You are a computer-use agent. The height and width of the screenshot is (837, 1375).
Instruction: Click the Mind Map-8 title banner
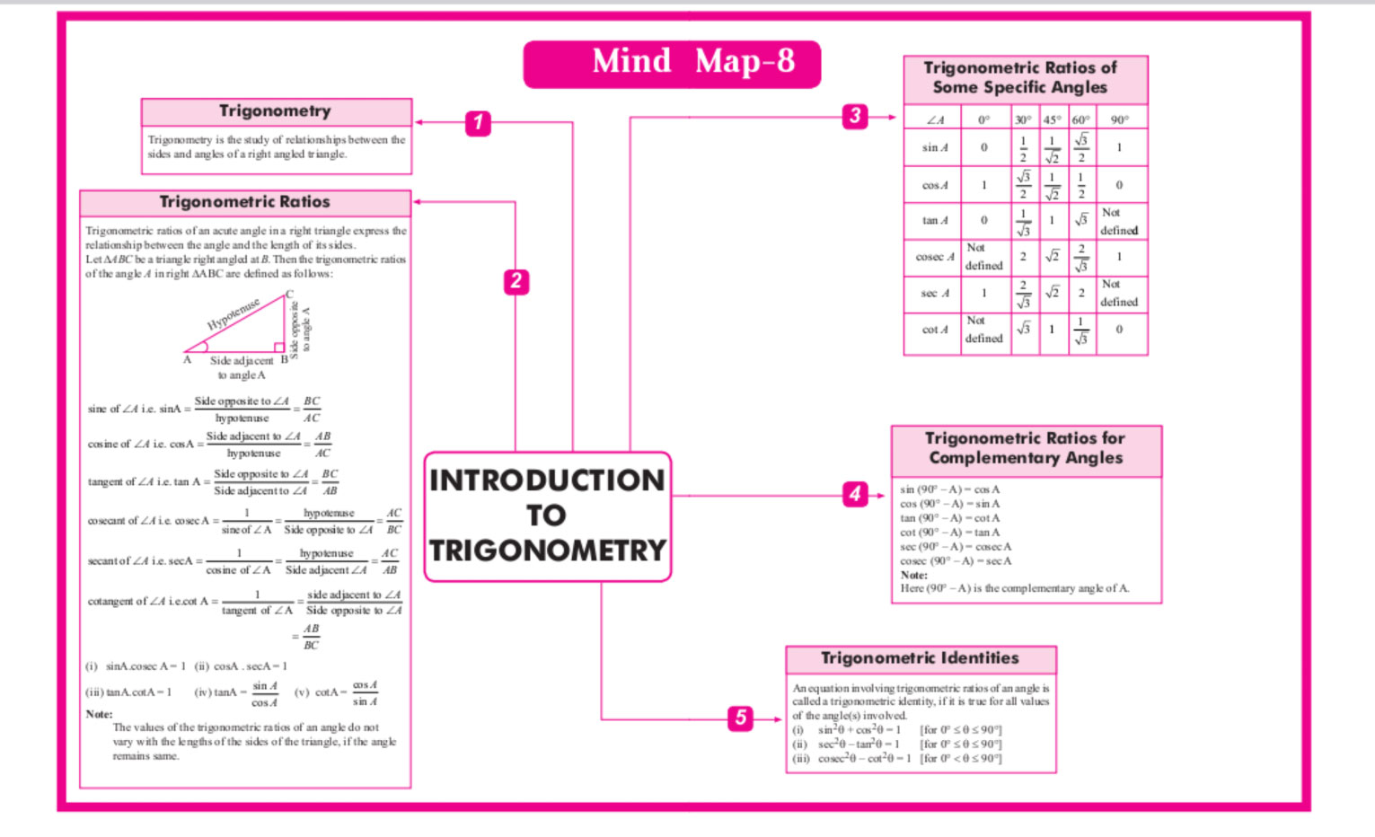point(672,63)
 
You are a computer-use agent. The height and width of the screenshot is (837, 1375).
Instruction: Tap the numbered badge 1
point(478,123)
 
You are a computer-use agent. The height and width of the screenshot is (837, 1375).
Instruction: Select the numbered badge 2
point(516,282)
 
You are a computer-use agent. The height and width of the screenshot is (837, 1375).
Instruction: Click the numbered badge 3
point(855,116)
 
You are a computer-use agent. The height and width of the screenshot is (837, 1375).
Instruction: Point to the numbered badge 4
point(855,493)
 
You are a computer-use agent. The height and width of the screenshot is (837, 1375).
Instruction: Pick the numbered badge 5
point(740,718)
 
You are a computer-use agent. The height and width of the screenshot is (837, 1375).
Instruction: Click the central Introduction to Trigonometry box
point(547,515)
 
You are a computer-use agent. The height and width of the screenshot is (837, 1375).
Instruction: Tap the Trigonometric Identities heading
point(920,658)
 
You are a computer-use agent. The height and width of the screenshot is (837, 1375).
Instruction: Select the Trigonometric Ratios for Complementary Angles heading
point(1025,448)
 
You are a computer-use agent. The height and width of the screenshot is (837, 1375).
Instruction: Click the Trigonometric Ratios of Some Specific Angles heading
point(1020,78)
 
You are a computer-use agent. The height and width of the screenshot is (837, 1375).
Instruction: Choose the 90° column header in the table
point(1119,119)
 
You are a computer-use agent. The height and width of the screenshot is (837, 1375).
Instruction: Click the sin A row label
point(934,148)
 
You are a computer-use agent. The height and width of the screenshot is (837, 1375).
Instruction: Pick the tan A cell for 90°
point(1119,222)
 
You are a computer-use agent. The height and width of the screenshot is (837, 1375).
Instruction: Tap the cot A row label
point(934,330)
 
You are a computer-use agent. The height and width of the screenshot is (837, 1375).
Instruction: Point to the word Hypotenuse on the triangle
point(234,313)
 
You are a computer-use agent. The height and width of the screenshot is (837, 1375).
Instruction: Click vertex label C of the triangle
point(289,295)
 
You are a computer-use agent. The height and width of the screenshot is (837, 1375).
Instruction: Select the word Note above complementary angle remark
point(913,575)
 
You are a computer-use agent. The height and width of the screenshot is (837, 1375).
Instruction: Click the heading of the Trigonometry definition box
point(275,111)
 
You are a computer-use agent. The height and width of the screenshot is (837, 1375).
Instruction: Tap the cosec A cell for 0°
point(983,257)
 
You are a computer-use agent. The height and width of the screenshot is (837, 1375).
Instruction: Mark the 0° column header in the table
point(983,119)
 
